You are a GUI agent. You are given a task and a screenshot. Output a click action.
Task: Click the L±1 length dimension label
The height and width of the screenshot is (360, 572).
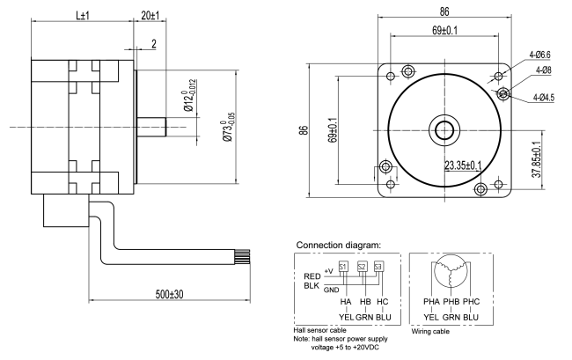point(83,15)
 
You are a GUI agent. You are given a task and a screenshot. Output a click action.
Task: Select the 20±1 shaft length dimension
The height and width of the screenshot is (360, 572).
point(150,15)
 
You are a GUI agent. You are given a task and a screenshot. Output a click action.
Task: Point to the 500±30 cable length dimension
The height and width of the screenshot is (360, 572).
point(169,294)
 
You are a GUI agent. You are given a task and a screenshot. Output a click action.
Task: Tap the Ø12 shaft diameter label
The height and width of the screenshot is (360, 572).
point(190,95)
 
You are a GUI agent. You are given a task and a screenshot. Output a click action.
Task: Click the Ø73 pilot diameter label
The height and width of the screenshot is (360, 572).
point(229,127)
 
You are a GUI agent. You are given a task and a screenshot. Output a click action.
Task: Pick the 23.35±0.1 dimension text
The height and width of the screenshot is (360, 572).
point(463,165)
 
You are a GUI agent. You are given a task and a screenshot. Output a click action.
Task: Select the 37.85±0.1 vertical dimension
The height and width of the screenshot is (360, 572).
point(537,159)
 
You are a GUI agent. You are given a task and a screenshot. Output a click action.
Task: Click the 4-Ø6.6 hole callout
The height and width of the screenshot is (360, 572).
point(540,55)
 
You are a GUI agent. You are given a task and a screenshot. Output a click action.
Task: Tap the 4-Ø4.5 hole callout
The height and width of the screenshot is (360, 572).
point(544,98)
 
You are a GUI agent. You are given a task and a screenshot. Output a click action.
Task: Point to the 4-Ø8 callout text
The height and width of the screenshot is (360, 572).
point(544,70)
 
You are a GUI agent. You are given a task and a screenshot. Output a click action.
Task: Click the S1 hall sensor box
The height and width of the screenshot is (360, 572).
point(342,267)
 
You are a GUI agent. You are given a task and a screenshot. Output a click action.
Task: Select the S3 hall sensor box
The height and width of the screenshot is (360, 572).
point(379,267)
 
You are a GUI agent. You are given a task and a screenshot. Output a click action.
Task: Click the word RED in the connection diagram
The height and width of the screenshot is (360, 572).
point(312,276)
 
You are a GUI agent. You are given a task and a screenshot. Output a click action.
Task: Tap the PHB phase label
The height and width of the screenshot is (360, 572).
point(451,302)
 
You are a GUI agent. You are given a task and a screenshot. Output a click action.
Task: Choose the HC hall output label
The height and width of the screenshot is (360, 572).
point(382,302)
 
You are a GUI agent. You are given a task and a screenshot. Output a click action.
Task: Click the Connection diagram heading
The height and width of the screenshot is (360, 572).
point(338,245)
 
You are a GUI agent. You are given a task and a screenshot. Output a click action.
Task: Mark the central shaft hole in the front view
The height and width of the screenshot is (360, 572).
point(444,130)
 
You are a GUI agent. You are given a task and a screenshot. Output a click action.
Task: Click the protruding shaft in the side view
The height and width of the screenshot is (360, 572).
point(151,127)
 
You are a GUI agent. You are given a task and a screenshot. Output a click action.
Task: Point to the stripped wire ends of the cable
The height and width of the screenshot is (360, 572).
point(243,256)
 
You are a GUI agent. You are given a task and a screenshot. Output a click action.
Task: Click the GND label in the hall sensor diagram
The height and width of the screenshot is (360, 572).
point(331,290)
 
